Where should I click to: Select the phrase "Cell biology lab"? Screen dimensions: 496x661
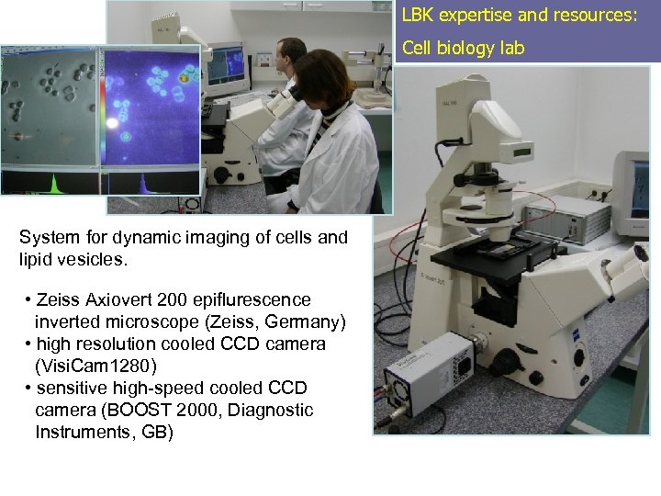(464, 49)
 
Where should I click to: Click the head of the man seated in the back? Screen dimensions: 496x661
(292, 53)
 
